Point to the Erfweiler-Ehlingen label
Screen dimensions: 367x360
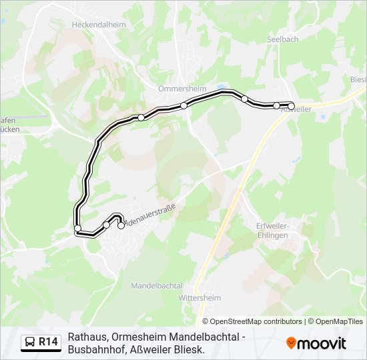click(x=272, y=230)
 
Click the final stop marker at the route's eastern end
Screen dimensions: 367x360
click(x=291, y=105)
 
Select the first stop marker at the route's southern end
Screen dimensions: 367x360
click(x=121, y=225)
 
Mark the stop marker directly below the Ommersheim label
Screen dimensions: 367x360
click(x=183, y=105)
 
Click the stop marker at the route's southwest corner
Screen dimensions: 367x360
click(x=78, y=229)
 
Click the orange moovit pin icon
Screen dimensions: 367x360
click(x=291, y=343)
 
